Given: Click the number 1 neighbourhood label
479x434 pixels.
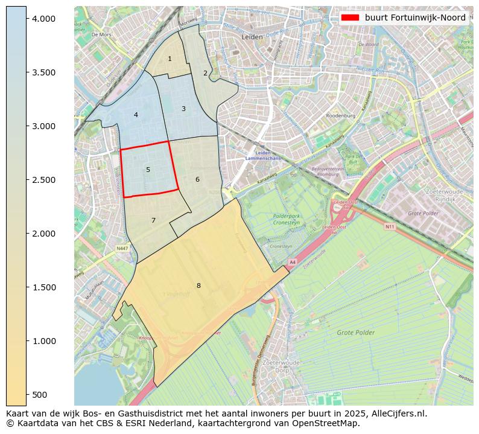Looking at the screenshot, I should tap(170, 59).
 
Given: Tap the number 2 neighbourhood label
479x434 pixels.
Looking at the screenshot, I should tap(205, 73).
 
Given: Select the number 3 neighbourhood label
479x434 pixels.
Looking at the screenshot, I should tap(183, 109).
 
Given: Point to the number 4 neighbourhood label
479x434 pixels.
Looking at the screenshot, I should tap(136, 115).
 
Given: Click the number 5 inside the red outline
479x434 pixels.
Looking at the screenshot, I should tap(148, 170).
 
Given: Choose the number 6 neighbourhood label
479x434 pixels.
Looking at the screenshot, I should tap(197, 179).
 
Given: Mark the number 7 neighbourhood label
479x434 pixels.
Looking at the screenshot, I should tap(153, 220).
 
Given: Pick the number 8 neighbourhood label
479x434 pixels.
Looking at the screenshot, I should tap(198, 286).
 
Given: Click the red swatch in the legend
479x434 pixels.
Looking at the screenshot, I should tap(350, 18).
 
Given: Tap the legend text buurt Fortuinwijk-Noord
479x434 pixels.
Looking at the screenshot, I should tap(415, 18).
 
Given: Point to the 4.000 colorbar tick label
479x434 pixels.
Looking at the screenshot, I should tap(43, 19).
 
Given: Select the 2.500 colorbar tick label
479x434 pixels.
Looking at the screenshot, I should tap(43, 180).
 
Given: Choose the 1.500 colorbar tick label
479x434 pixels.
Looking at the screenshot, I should tap(43, 287).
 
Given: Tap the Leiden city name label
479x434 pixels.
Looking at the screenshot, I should tap(252, 37).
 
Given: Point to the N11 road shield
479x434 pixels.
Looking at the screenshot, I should tap(390, 227).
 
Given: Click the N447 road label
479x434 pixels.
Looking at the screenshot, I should tap(122, 248).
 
